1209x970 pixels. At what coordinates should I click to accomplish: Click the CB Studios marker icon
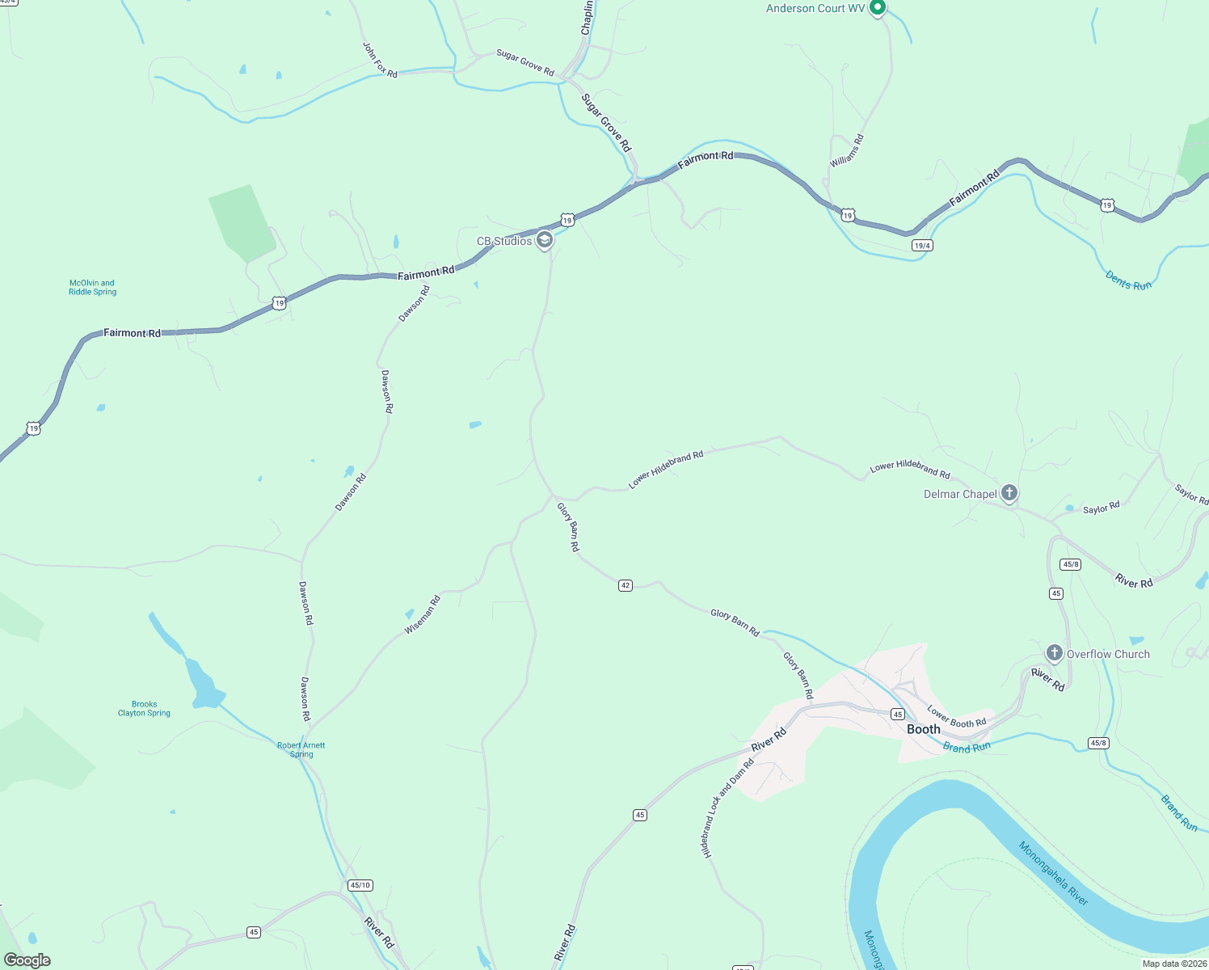pyautogui.click(x=545, y=240)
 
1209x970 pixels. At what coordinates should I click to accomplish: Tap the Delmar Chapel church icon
pyautogui.click(x=1009, y=493)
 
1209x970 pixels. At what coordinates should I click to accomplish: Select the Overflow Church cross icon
pyautogui.click(x=1054, y=653)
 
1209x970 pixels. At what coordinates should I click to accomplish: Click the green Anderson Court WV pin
pyautogui.click(x=878, y=8)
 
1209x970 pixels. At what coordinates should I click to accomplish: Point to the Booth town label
pyautogui.click(x=923, y=729)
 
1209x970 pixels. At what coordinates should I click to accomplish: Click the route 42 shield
pyautogui.click(x=625, y=585)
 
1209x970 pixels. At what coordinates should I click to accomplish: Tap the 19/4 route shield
pyautogui.click(x=922, y=245)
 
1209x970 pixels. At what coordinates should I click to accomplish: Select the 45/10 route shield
pyautogui.click(x=360, y=885)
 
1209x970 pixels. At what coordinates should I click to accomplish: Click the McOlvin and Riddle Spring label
pyautogui.click(x=92, y=288)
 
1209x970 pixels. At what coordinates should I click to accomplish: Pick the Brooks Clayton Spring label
pyautogui.click(x=144, y=709)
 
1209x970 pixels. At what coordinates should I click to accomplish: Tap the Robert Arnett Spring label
pyautogui.click(x=301, y=750)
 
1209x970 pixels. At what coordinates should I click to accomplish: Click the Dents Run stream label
pyautogui.click(x=1128, y=281)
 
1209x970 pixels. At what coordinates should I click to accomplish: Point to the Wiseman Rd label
pyautogui.click(x=423, y=614)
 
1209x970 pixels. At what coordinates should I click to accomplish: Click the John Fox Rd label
pyautogui.click(x=380, y=61)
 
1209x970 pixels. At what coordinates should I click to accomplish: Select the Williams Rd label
pyautogui.click(x=847, y=151)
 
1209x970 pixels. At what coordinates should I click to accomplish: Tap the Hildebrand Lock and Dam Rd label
pyautogui.click(x=727, y=808)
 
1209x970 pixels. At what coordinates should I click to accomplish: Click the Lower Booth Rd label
pyautogui.click(x=956, y=717)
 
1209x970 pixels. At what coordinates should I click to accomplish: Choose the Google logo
pyautogui.click(x=27, y=960)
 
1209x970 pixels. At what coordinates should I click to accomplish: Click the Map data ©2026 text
pyautogui.click(x=1174, y=964)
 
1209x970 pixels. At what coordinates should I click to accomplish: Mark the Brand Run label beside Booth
pyautogui.click(x=967, y=748)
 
